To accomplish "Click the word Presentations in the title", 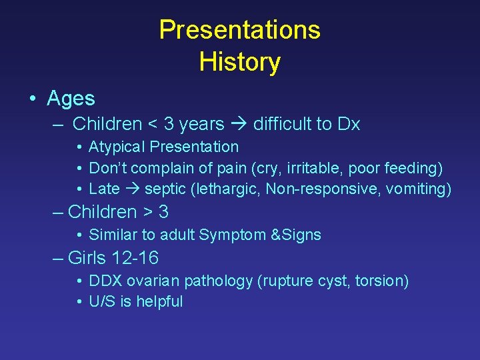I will [x=239, y=30].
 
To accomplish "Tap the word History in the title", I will [x=239, y=62].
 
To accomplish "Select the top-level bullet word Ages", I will [x=71, y=99].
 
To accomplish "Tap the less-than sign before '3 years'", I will [x=153, y=125].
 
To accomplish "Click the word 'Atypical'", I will [x=117, y=147].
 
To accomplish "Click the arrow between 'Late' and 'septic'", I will [x=132, y=189].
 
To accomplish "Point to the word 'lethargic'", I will [x=227, y=189].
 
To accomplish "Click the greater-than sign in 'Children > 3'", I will [x=147, y=213].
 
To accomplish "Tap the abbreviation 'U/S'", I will [x=102, y=301].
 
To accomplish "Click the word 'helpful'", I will [x=159, y=301].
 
